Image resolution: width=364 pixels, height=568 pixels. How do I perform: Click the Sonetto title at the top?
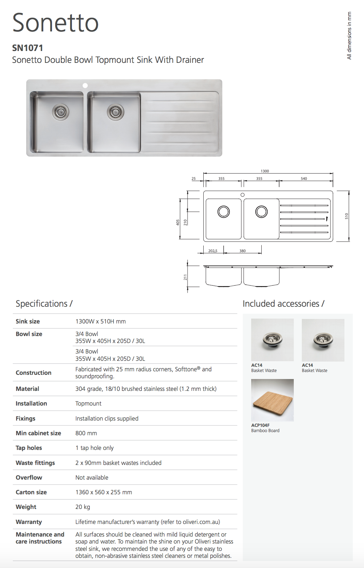tap(56, 23)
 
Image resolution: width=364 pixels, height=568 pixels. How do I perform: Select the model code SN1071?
tap(28, 48)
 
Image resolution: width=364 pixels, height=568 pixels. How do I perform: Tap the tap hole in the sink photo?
tap(85, 86)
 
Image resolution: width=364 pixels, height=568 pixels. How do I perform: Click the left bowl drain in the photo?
tap(60, 112)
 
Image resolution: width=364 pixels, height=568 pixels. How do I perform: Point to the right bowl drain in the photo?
tap(115, 112)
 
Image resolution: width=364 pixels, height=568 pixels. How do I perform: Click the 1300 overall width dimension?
tap(265, 171)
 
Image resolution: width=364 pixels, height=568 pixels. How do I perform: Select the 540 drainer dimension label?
tap(304, 179)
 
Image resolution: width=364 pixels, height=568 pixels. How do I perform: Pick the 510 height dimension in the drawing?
tap(347, 216)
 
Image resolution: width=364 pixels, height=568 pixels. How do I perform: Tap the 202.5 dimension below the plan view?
tap(213, 251)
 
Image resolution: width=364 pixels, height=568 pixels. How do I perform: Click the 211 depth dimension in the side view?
tap(185, 277)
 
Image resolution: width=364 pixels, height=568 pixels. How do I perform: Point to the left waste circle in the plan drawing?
tap(224, 212)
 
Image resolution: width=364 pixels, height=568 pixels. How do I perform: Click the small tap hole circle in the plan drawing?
tap(242, 195)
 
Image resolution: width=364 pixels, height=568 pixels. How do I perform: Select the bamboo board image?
tap(272, 400)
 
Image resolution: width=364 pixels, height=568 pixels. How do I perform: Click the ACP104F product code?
tap(260, 425)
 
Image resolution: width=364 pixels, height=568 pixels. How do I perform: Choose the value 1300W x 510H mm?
tap(101, 321)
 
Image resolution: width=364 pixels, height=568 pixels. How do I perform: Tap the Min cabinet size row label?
tap(38, 433)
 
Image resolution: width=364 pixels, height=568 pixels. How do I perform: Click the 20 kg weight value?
tap(83, 507)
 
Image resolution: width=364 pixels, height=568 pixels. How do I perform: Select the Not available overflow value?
tap(92, 478)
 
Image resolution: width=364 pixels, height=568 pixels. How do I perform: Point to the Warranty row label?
tap(29, 522)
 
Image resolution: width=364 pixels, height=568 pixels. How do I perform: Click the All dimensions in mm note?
tap(349, 36)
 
